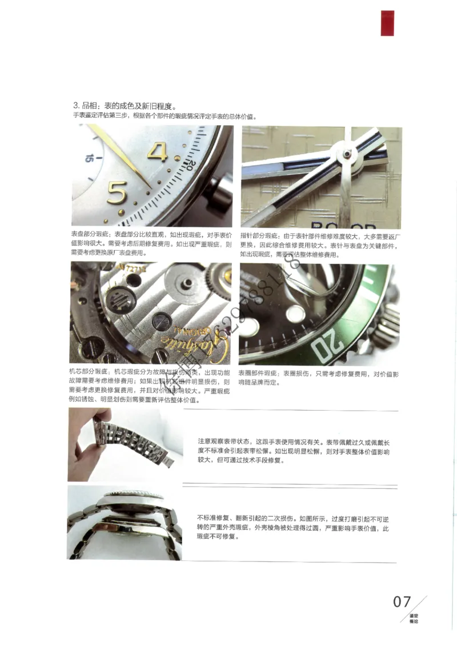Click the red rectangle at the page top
point(387,23)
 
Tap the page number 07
point(402,601)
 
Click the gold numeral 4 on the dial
point(158,152)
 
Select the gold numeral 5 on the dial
point(117,192)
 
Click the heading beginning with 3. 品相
point(123,106)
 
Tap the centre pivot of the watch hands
point(346,153)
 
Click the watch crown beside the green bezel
point(389,323)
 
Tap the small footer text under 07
point(414,618)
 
